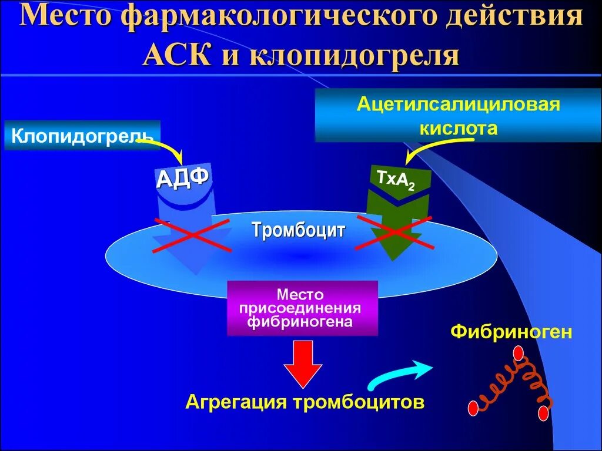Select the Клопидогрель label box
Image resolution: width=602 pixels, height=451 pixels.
pos(82,137)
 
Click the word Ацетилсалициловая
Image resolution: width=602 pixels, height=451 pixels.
pos(458,106)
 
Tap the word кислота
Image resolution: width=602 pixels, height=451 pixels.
pos(458,128)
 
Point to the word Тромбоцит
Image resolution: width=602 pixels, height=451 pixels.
pos(299,230)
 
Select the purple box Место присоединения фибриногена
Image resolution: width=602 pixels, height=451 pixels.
pos(302,307)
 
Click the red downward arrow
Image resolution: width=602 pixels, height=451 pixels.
pos(303,364)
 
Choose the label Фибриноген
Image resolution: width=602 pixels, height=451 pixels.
pos(511,332)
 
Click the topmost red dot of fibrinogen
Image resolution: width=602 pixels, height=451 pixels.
pos(518,354)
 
